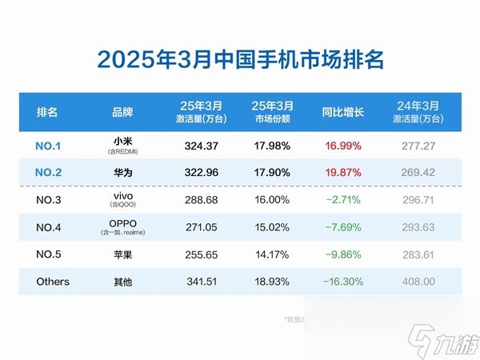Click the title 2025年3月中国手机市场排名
coord(240,59)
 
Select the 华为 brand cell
coord(122,170)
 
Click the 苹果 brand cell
coord(122,254)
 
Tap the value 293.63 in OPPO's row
coord(422,226)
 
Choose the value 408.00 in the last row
coord(422,282)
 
